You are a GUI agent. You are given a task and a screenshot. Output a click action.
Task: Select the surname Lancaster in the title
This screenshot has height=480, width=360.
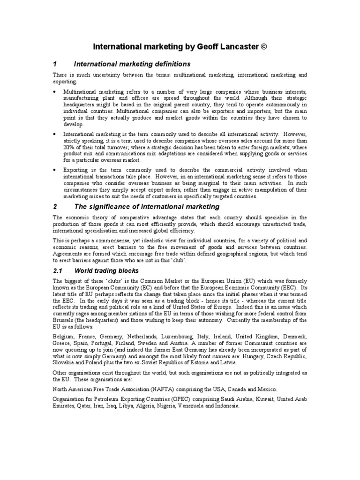[239, 47]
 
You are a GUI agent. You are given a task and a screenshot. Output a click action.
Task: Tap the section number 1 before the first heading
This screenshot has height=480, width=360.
[55, 64]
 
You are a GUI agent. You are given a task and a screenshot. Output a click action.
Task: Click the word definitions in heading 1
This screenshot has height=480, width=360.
[169, 64]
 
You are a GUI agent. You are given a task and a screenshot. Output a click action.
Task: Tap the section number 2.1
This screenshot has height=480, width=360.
[58, 270]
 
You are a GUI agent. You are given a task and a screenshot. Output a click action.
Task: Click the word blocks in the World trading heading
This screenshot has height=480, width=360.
[126, 270]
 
